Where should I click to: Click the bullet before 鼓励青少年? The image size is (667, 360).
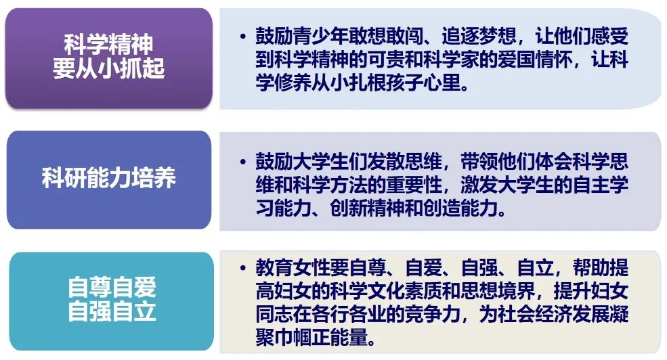click(x=243, y=36)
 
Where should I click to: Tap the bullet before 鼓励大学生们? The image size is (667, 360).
click(x=243, y=162)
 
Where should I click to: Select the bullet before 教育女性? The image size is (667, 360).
click(x=243, y=268)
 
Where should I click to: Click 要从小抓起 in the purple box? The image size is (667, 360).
click(x=109, y=68)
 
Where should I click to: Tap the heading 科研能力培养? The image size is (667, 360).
click(x=109, y=178)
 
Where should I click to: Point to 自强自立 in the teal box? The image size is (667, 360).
click(x=112, y=311)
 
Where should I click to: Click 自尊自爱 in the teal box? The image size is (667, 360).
click(x=112, y=288)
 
